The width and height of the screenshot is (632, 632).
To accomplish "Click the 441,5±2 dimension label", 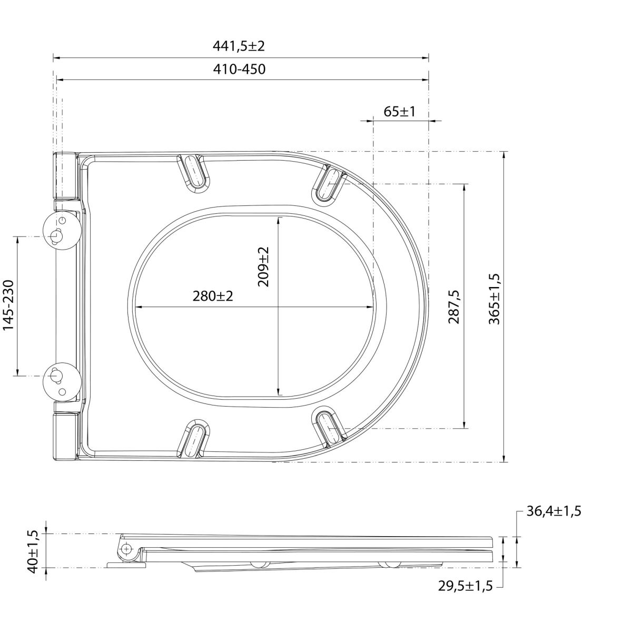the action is tap(239, 46).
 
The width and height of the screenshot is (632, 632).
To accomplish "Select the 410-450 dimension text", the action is tap(239, 69).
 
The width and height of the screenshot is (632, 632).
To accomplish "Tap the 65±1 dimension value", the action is tap(399, 112).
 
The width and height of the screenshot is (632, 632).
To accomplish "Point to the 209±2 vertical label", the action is tap(263, 267).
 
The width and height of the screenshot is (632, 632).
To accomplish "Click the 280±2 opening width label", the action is tap(213, 296).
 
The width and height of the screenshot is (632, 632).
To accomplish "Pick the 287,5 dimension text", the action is tap(454, 307).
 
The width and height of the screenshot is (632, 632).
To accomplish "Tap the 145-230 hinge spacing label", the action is tap(9, 305).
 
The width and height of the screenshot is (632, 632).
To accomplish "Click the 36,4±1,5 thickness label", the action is tap(554, 511).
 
